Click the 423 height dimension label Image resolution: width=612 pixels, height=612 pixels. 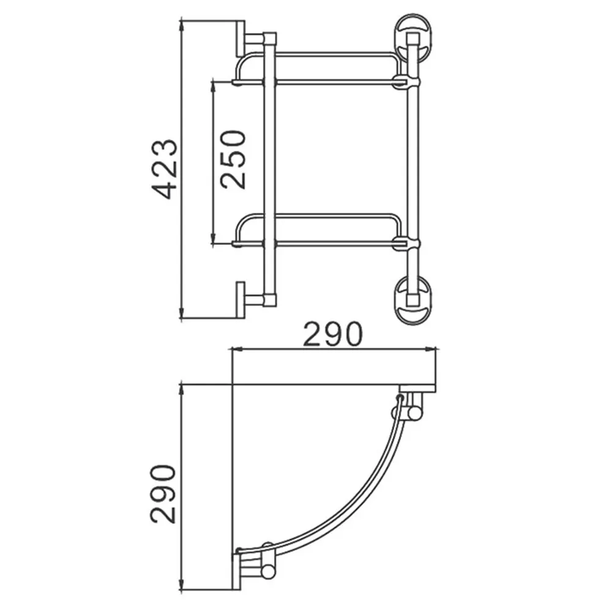[164, 169]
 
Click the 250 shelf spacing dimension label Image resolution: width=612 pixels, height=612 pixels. [233, 160]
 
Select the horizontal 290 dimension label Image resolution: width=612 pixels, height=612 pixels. [333, 334]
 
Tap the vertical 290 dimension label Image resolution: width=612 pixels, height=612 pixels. [163, 494]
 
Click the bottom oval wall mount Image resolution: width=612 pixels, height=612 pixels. [413, 300]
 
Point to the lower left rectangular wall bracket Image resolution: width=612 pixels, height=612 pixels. [241, 300]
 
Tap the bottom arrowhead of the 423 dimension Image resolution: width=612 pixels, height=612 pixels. [181, 312]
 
